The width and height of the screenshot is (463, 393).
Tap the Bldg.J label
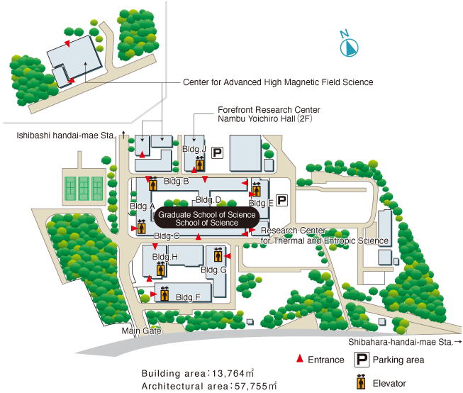194,149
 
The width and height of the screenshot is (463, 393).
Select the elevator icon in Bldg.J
200,163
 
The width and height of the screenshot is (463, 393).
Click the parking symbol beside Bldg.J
217,153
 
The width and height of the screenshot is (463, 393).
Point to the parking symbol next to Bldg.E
281,200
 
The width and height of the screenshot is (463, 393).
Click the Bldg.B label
177,181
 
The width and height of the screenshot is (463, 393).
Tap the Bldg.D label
208,200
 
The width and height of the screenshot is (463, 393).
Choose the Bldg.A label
143,206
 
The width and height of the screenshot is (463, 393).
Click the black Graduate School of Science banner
207,218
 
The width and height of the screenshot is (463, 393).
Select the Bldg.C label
167,236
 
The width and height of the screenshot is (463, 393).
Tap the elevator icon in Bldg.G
218,255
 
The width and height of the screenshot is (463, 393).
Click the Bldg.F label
188,297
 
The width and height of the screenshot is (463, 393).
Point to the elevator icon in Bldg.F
164,294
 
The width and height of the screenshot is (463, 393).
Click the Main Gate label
141,331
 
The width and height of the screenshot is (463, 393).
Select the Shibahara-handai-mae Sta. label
401,342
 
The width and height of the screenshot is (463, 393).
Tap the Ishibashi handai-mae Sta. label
65,135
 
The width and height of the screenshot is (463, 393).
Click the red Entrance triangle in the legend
300,358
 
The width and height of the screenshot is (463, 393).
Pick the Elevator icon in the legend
361,382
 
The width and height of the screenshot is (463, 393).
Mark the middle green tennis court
84,189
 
